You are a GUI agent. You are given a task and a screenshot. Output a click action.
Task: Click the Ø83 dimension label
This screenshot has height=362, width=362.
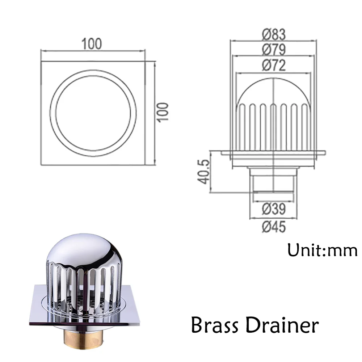[274, 34]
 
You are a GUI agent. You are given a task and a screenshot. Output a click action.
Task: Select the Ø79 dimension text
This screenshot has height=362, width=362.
[274, 50]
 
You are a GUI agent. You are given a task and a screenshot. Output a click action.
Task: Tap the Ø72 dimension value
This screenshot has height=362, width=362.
[274, 66]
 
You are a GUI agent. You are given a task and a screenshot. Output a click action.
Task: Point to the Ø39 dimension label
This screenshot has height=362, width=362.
[274, 209]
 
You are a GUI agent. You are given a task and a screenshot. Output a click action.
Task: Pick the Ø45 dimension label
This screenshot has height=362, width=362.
[274, 227]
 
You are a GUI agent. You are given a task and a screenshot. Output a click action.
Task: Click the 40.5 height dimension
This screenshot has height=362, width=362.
[204, 172]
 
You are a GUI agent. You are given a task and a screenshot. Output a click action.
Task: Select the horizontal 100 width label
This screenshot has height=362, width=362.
[92, 44]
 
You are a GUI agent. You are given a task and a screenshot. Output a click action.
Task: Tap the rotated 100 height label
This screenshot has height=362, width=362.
[163, 112]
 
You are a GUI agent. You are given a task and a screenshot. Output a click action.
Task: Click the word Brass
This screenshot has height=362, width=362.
[215, 325]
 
